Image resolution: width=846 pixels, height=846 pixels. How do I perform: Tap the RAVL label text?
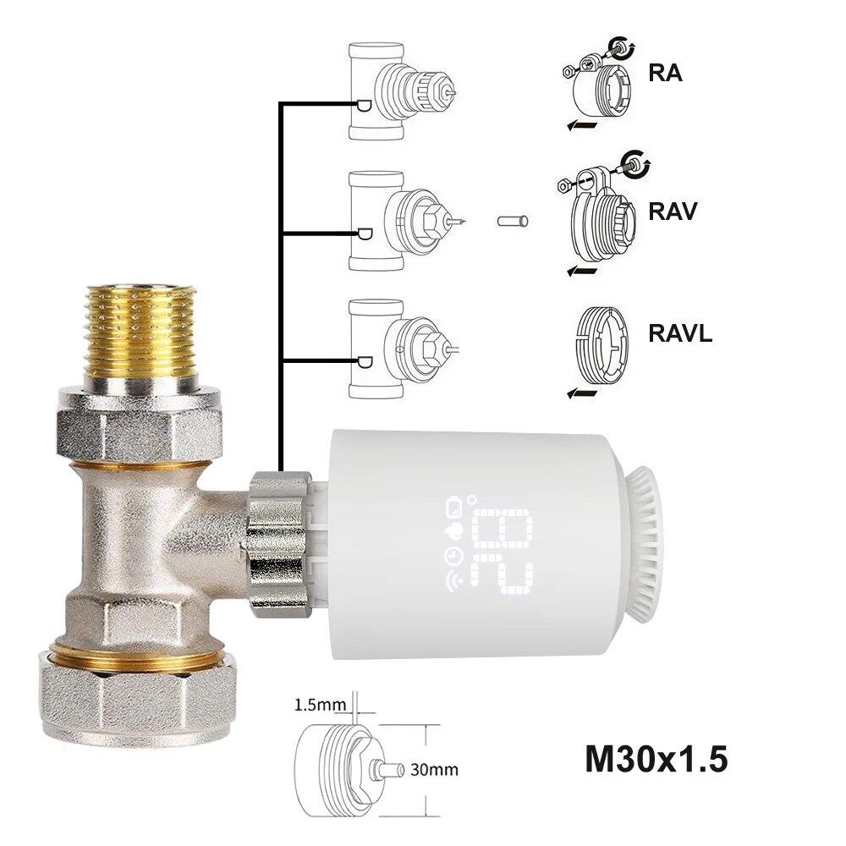[681, 332]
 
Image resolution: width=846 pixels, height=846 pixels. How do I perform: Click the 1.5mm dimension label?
[319, 704]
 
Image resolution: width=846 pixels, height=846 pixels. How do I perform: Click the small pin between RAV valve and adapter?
[513, 222]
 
